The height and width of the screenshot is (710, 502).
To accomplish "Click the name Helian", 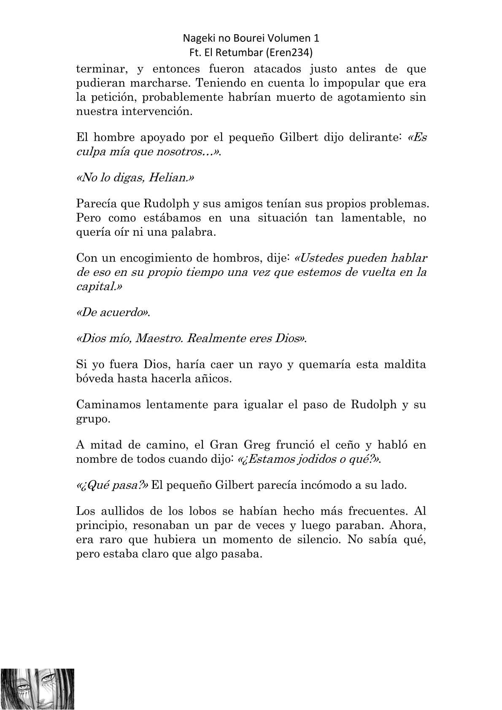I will pos(168,178).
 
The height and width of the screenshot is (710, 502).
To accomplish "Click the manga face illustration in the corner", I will pos(38,689).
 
